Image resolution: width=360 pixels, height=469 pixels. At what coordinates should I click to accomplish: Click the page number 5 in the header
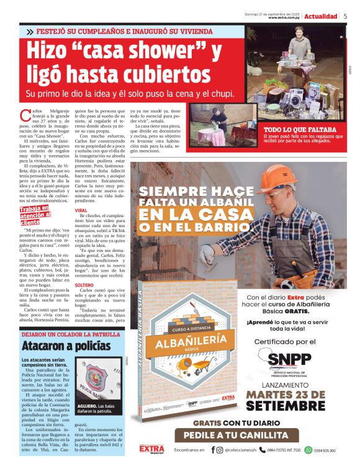pyautogui.click(x=345, y=16)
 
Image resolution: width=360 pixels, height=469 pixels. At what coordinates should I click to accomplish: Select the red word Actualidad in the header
pyautogui.click(x=321, y=16)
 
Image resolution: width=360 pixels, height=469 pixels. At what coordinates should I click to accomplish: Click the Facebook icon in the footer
pyautogui.click(x=214, y=450)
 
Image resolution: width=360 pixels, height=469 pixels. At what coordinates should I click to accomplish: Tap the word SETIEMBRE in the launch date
pyautogui.click(x=285, y=406)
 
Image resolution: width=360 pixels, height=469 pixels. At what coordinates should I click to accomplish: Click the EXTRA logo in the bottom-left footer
pyautogui.click(x=151, y=449)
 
